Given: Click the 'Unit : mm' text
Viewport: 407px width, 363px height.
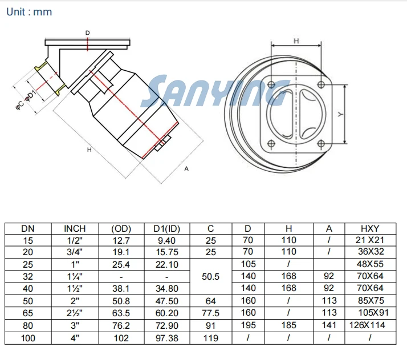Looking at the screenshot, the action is pyautogui.click(x=29, y=12).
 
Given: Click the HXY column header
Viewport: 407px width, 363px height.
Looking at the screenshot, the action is pyautogui.click(x=370, y=229).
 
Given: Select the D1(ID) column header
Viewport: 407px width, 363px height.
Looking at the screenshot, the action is pyautogui.click(x=166, y=229).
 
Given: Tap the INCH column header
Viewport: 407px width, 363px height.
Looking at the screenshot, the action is pyautogui.click(x=75, y=229).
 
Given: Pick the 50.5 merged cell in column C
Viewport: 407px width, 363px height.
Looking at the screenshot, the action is pyautogui.click(x=210, y=276).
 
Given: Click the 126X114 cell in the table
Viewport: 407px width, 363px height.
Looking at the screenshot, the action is pyautogui.click(x=367, y=325).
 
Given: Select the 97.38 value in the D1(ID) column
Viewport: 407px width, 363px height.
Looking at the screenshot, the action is pyautogui.click(x=167, y=338).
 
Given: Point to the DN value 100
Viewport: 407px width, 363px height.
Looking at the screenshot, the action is pyautogui.click(x=28, y=338).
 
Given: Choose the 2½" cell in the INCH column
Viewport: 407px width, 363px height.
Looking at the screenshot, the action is pyautogui.click(x=75, y=313).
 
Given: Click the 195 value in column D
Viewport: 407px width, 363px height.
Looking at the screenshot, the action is pyautogui.click(x=248, y=325).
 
